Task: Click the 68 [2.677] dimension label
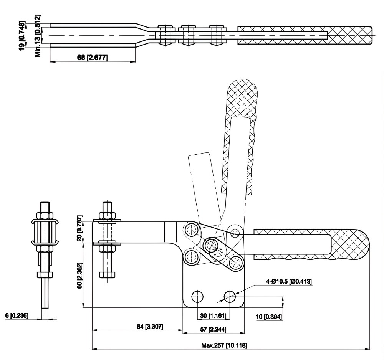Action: [x=92, y=58]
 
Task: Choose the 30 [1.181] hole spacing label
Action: [x=213, y=315]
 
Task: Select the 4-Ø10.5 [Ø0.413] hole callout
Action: [x=289, y=282]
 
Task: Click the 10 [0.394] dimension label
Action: [x=269, y=316]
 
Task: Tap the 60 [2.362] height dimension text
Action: [x=79, y=275]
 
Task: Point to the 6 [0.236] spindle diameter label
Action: [x=17, y=315]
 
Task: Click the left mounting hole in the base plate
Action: [x=197, y=296]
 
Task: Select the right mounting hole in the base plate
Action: [x=230, y=296]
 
